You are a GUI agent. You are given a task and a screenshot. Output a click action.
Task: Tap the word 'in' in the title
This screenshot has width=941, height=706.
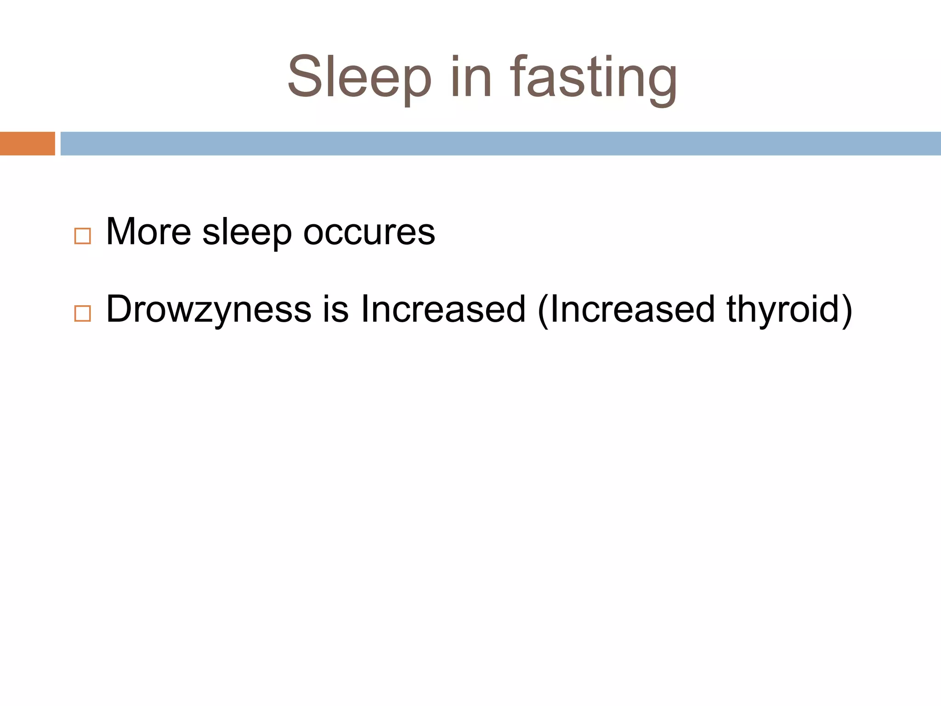point(471,77)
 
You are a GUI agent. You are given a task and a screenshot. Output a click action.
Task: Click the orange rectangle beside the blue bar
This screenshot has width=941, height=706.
point(27,143)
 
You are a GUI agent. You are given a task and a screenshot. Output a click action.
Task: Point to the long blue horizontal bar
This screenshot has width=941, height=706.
point(500,143)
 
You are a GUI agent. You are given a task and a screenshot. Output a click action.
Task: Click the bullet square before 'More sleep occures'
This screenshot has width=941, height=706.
point(82,236)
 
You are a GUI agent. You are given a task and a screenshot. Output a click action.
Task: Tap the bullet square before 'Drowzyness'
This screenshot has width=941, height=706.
point(82,313)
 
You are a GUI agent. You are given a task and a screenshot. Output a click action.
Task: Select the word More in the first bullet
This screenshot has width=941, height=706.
point(148,232)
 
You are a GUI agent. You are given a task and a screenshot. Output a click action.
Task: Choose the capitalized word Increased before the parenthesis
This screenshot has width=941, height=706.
point(443,309)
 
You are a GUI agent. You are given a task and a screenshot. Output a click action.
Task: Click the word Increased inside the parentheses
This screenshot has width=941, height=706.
point(632,309)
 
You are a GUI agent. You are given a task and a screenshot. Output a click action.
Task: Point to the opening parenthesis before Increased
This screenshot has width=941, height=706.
point(543,310)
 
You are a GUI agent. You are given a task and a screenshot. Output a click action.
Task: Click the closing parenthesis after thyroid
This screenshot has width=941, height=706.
point(847,310)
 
